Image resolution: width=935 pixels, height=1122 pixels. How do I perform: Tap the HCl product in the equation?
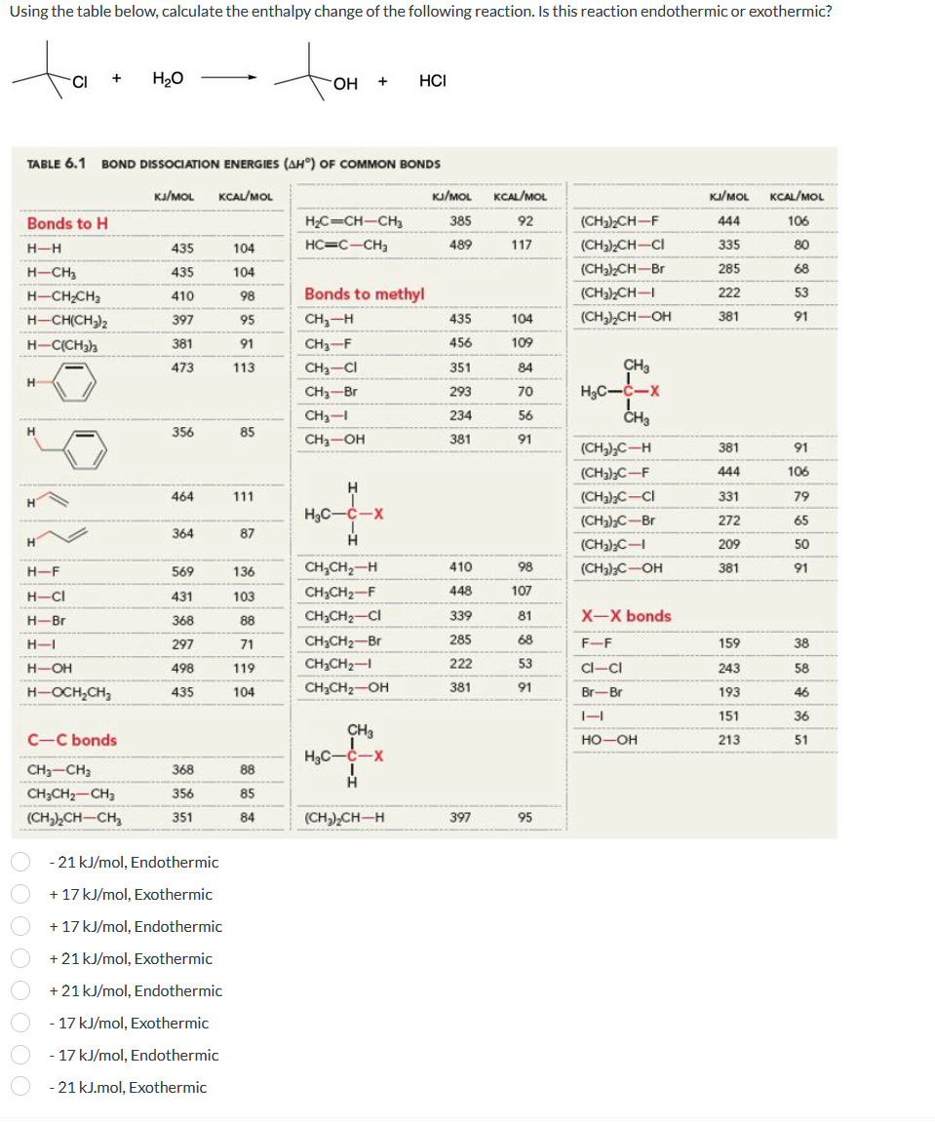pos(432,80)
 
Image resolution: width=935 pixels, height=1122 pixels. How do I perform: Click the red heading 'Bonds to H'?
pos(67,223)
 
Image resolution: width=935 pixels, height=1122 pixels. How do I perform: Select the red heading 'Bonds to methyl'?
pos(364,293)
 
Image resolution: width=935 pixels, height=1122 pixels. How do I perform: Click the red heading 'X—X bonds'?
pos(626,616)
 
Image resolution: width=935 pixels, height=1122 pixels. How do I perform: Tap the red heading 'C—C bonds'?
pos(72,740)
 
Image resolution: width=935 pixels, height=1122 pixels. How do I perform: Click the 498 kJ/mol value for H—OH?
pos(181,668)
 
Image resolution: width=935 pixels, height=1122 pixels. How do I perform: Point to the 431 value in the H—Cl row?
pos(181,596)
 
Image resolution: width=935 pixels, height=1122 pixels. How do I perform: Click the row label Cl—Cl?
pos(597,668)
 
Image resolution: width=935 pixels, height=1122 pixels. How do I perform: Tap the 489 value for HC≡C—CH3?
pos(460,245)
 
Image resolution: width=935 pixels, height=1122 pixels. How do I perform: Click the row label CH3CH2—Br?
pos(341,640)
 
